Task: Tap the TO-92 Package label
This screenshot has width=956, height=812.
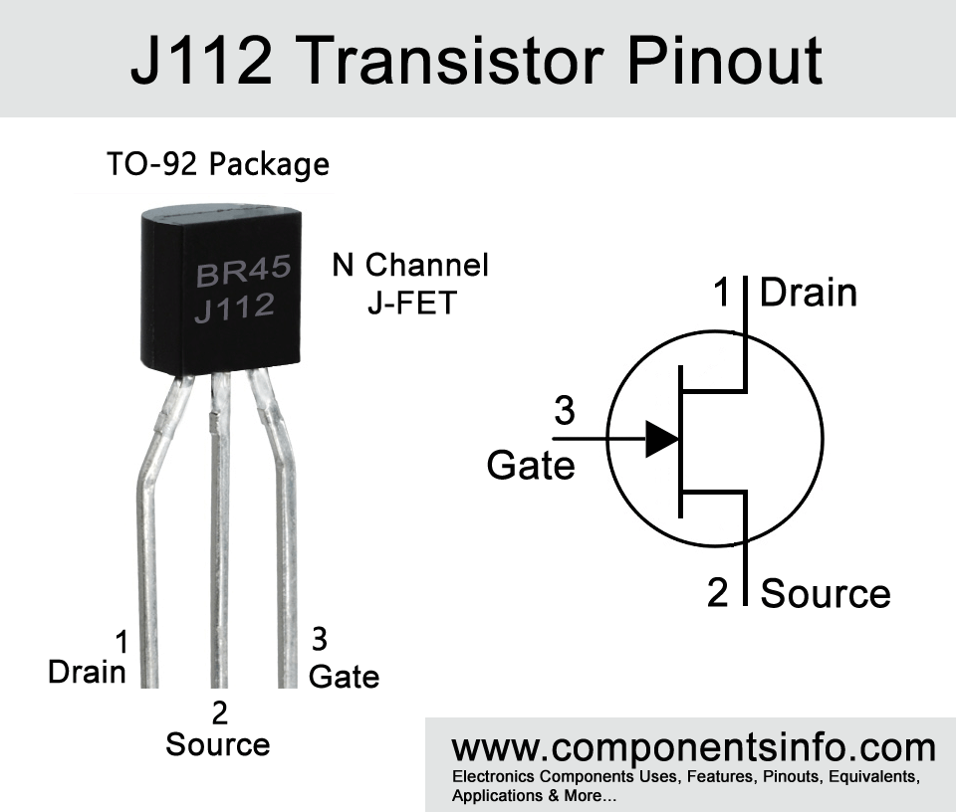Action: (x=218, y=163)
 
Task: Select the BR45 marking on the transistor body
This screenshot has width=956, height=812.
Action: (x=243, y=272)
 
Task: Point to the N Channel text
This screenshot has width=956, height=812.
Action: (x=410, y=266)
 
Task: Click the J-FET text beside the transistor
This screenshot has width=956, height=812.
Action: (x=410, y=303)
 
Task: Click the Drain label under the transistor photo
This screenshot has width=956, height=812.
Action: (x=88, y=673)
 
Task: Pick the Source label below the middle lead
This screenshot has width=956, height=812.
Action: (x=217, y=744)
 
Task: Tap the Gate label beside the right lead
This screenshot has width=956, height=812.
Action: (x=344, y=677)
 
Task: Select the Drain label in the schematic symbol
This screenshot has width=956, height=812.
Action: (x=808, y=293)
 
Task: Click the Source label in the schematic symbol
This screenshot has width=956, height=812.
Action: (x=825, y=593)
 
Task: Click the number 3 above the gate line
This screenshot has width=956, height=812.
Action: (x=564, y=411)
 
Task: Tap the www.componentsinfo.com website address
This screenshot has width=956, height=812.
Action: (x=693, y=747)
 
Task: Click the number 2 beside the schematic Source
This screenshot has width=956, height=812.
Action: (x=718, y=593)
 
